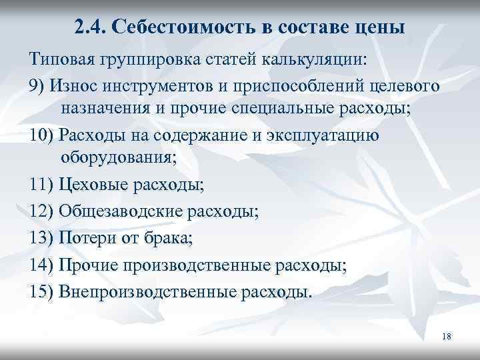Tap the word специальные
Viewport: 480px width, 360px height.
289,109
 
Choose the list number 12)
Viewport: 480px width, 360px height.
41,212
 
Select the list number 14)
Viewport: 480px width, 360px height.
41,265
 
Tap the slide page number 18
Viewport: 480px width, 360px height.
447,337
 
